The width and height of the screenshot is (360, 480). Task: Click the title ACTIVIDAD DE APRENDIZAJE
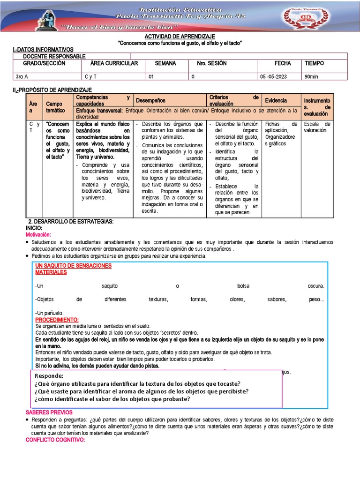point(180,37)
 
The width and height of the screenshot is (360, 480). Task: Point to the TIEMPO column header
point(314,63)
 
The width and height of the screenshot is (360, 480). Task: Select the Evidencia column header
point(276,100)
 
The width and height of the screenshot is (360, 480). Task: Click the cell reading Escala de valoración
point(317,127)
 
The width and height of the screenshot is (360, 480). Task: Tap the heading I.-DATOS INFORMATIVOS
point(43,50)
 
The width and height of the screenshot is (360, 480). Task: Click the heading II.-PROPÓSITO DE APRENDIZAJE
point(52,90)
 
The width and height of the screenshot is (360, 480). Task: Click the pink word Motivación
point(38,234)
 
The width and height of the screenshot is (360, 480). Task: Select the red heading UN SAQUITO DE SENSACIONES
point(73,266)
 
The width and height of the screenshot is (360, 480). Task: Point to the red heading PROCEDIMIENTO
point(57,319)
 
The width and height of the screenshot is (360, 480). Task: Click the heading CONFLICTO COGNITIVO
point(55,440)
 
